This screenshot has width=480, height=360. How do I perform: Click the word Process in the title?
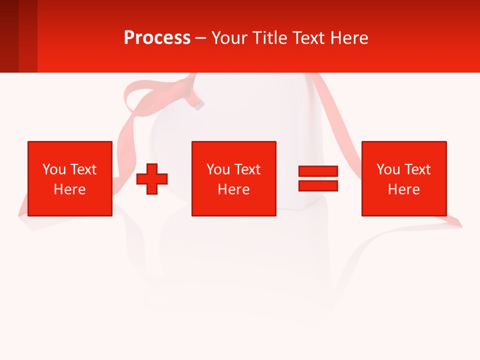tap(157, 38)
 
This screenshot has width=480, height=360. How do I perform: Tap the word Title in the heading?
tap(270, 38)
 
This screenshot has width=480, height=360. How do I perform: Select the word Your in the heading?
tap(228, 38)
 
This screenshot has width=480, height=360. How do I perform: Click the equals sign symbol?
tap(318, 178)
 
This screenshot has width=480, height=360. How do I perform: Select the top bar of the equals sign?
tap(318, 171)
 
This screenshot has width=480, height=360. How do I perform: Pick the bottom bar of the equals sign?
tap(318, 185)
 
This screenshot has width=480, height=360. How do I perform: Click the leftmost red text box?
tap(69, 178)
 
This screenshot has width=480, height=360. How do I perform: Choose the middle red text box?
tap(233, 178)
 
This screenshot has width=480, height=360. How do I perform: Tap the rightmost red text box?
tap(403, 178)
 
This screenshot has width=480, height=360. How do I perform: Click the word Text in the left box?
tap(83, 169)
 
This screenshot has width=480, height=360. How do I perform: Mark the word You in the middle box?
tap(218, 169)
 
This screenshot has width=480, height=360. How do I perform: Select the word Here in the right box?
tap(403, 189)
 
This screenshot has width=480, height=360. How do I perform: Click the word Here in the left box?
tap(69, 189)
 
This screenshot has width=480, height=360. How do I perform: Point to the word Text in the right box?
tap(417, 169)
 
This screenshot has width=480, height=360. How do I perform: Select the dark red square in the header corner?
tap(9, 36)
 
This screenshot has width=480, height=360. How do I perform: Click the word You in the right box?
tap(388, 169)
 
